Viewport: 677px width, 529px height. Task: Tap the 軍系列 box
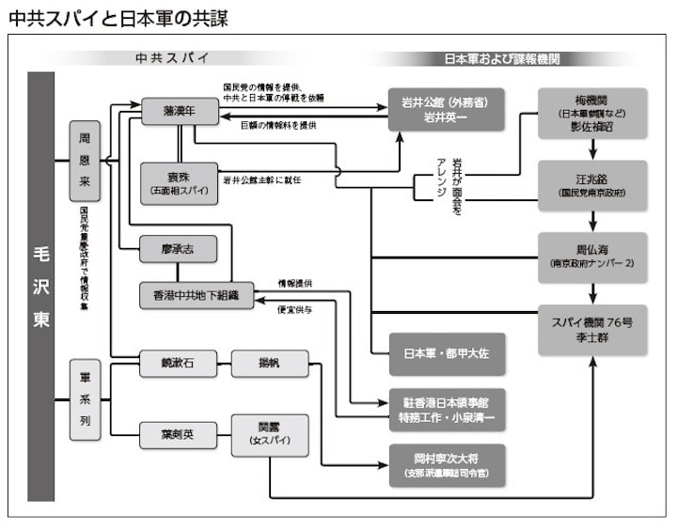(x=85, y=399)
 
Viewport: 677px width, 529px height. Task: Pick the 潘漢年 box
(x=179, y=111)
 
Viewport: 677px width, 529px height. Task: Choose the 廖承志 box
(x=179, y=249)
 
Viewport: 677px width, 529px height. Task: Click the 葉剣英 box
(x=179, y=433)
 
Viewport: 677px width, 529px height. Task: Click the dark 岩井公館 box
(x=447, y=109)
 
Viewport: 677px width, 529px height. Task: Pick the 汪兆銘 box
(x=593, y=183)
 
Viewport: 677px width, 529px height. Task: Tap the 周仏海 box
(x=593, y=257)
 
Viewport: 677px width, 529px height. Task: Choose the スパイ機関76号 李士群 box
(x=593, y=330)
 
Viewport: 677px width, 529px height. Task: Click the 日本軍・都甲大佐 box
(x=447, y=355)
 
